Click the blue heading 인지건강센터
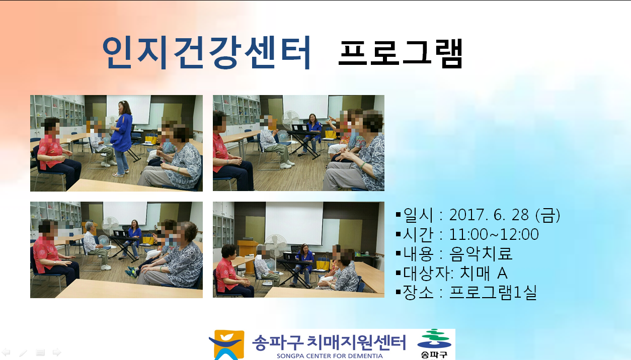click(x=206, y=53)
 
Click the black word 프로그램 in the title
click(x=401, y=53)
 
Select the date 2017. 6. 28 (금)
click(x=505, y=215)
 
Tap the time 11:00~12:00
click(x=494, y=234)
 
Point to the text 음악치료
click(x=480, y=253)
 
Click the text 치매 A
click(x=484, y=273)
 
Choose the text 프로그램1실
click(x=493, y=293)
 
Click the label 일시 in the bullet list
click(x=418, y=215)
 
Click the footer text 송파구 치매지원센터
click(x=329, y=342)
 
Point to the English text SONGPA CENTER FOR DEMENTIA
click(x=330, y=356)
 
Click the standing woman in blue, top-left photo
click(x=122, y=138)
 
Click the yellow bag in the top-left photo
click(x=151, y=138)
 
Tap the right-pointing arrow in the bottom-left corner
click(x=57, y=352)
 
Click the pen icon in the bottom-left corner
click(x=23, y=352)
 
